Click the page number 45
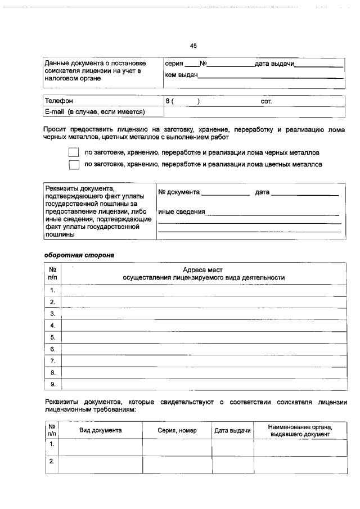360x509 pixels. tap(193, 46)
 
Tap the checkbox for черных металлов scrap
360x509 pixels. tap(74, 152)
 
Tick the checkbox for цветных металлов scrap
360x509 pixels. tap(74, 165)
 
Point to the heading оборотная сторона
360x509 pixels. tap(79, 255)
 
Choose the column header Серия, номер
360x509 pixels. tap(177, 430)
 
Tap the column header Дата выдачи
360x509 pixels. tap(232, 430)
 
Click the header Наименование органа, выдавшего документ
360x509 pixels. tap(300, 430)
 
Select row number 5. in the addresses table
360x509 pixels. tap(52, 337)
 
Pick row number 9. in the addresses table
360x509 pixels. tap(52, 385)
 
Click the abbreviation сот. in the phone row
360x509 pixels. tap(266, 101)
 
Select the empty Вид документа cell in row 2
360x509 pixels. tap(101, 462)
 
